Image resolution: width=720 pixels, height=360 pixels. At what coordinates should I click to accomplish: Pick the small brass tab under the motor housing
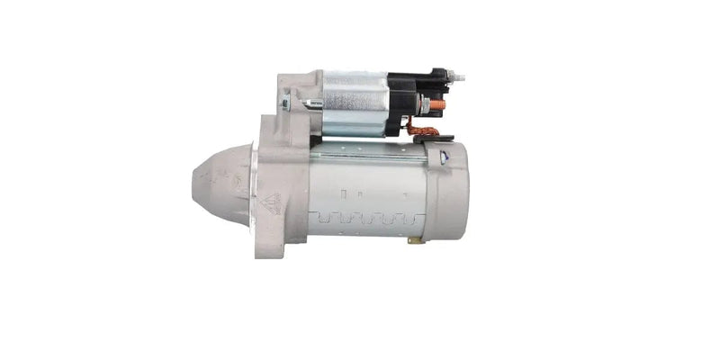click(x=414, y=240)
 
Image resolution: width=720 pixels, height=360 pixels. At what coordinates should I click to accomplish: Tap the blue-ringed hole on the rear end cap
click(x=444, y=157)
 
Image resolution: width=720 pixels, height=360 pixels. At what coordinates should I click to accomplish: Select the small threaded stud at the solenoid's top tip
click(x=460, y=77)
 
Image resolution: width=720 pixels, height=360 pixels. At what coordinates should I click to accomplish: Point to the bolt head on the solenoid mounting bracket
click(x=286, y=103)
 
